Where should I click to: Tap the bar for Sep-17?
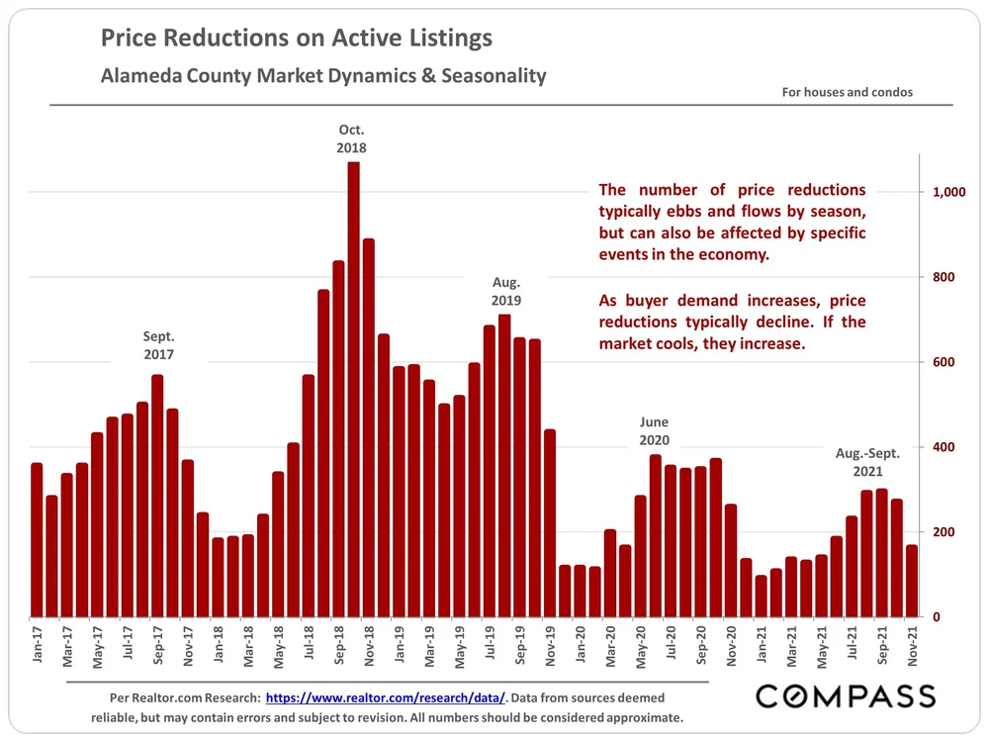[x=157, y=496]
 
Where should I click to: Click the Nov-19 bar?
[x=550, y=523]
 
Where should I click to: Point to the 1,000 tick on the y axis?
[x=950, y=192]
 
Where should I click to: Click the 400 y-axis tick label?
[x=946, y=447]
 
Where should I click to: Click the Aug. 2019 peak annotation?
[x=505, y=291]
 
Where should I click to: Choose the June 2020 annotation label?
[x=655, y=428]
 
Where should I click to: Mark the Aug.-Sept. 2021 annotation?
[x=867, y=462]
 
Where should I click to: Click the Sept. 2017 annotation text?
[x=158, y=344]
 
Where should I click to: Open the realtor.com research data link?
[x=386, y=697]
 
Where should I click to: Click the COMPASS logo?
[x=846, y=696]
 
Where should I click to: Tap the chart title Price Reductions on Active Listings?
[x=297, y=40]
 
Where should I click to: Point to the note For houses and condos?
[x=847, y=92]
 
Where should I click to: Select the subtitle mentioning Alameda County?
[x=323, y=75]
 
